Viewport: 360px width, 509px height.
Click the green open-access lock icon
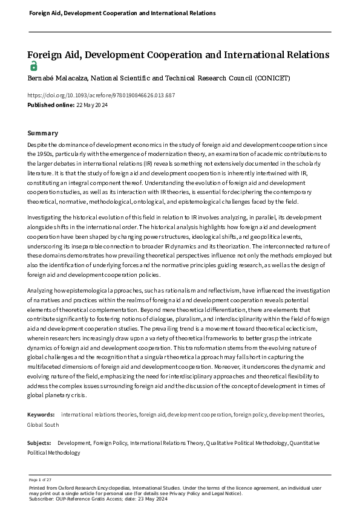pos(33,66)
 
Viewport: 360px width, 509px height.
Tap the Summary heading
pos(43,133)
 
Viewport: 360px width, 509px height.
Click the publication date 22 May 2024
pos(93,105)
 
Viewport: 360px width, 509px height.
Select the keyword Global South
pos(43,425)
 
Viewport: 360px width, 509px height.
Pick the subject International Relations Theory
pos(167,443)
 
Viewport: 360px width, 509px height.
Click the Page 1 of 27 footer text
pos(40,479)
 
